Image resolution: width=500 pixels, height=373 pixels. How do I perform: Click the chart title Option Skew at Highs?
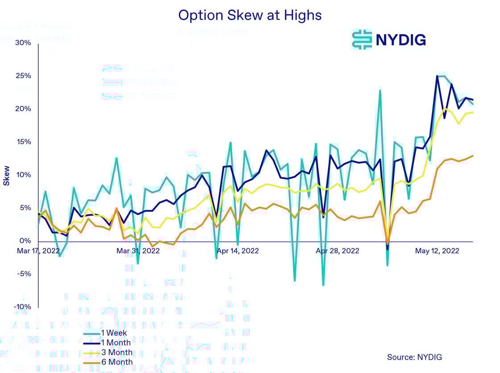pyautogui.click(x=250, y=15)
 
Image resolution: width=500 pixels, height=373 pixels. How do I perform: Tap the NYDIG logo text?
pyautogui.click(x=400, y=40)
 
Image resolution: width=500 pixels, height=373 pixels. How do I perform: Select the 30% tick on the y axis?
pyautogui.click(x=22, y=43)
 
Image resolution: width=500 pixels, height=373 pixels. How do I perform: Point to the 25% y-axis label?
pyautogui.click(x=22, y=76)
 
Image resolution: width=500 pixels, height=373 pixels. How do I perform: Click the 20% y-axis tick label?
pyautogui.click(x=22, y=109)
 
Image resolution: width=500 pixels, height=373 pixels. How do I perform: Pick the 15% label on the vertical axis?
pyautogui.click(x=22, y=142)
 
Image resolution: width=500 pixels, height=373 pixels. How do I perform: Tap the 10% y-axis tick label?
pyautogui.click(x=22, y=175)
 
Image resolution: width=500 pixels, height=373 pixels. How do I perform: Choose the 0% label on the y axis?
pyautogui.click(x=25, y=241)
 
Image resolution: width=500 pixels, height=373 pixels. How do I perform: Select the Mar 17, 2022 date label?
pyautogui.click(x=38, y=251)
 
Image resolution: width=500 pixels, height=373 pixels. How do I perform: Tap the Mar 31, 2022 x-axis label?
pyautogui.click(x=138, y=251)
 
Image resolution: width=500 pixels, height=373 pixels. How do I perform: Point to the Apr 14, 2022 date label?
pyautogui.click(x=237, y=251)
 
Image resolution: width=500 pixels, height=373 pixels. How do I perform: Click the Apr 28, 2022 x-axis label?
pyautogui.click(x=337, y=251)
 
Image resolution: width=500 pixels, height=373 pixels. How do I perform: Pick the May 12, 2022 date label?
pyautogui.click(x=437, y=251)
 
